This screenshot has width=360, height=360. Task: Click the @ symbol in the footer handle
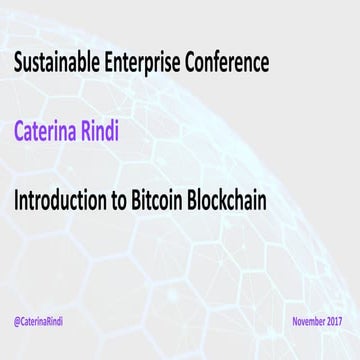(19, 323)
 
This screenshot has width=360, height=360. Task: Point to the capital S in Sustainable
(18, 65)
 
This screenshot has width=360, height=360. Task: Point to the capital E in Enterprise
(123, 65)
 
